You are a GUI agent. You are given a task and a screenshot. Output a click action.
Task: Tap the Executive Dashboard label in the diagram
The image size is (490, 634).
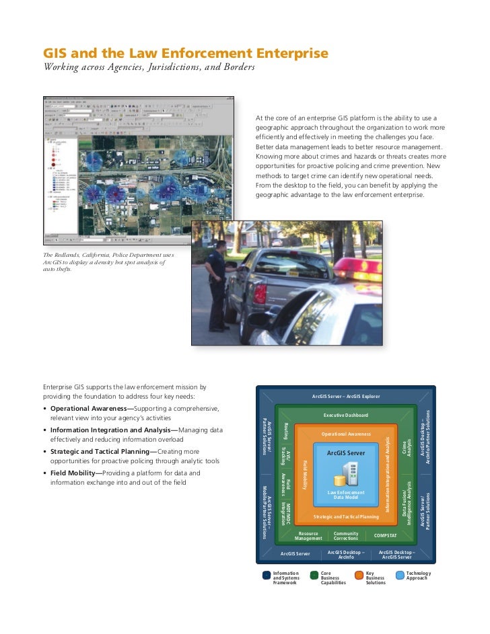[346, 415]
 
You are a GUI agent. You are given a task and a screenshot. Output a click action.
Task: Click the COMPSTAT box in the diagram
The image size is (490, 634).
[385, 535]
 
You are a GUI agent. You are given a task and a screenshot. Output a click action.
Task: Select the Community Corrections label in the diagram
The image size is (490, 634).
[346, 536]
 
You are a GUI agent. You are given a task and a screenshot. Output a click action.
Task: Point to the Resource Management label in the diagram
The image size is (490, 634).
[308, 536]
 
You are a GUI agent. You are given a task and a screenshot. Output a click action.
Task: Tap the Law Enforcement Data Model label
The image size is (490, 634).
[346, 494]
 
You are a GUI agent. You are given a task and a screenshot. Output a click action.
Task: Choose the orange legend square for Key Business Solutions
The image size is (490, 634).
[359, 576]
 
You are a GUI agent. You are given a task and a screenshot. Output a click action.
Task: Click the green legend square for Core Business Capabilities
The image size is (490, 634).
[314, 576]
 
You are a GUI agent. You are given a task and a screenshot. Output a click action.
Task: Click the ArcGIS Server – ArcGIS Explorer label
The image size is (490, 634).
[346, 396]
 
